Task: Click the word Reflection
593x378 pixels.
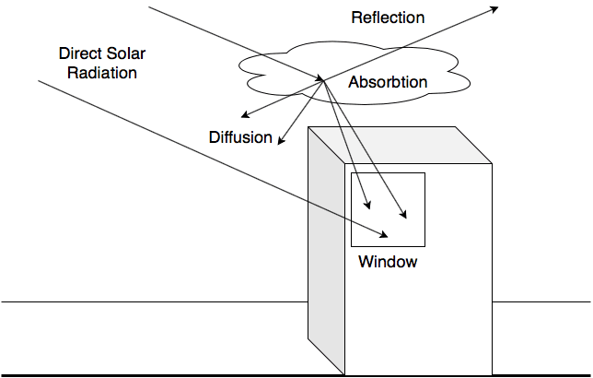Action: click(x=388, y=18)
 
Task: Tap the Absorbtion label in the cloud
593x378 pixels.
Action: click(x=388, y=82)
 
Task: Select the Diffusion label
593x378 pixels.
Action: click(x=240, y=138)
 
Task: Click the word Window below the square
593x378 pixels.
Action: click(x=388, y=262)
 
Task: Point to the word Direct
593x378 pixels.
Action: click(x=80, y=54)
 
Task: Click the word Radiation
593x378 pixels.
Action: click(x=107, y=72)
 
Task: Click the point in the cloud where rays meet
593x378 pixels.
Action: click(x=322, y=80)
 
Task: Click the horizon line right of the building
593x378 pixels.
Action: click(x=543, y=301)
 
